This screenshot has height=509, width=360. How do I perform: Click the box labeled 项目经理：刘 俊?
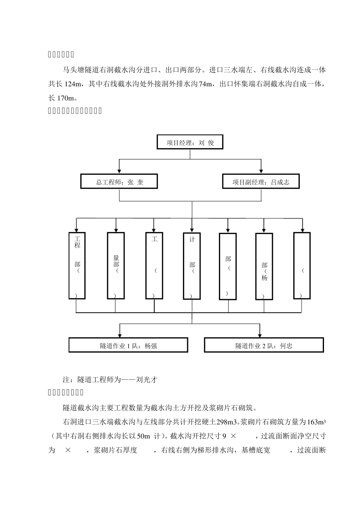coord(190,143)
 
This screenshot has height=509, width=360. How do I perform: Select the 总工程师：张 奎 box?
coord(119,182)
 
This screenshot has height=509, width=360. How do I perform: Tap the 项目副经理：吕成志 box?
coord(261,182)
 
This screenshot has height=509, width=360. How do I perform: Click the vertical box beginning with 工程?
coord(77,265)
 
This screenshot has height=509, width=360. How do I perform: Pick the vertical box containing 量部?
coord(116,265)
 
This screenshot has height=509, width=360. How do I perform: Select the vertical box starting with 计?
coord(192,265)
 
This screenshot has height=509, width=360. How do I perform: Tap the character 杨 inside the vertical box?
coord(265,278)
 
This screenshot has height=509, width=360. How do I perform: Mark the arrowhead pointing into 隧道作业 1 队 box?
coord(120,335)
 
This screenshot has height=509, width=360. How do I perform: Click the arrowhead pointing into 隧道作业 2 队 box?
coord(260,335)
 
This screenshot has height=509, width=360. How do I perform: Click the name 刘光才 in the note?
coord(147,380)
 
